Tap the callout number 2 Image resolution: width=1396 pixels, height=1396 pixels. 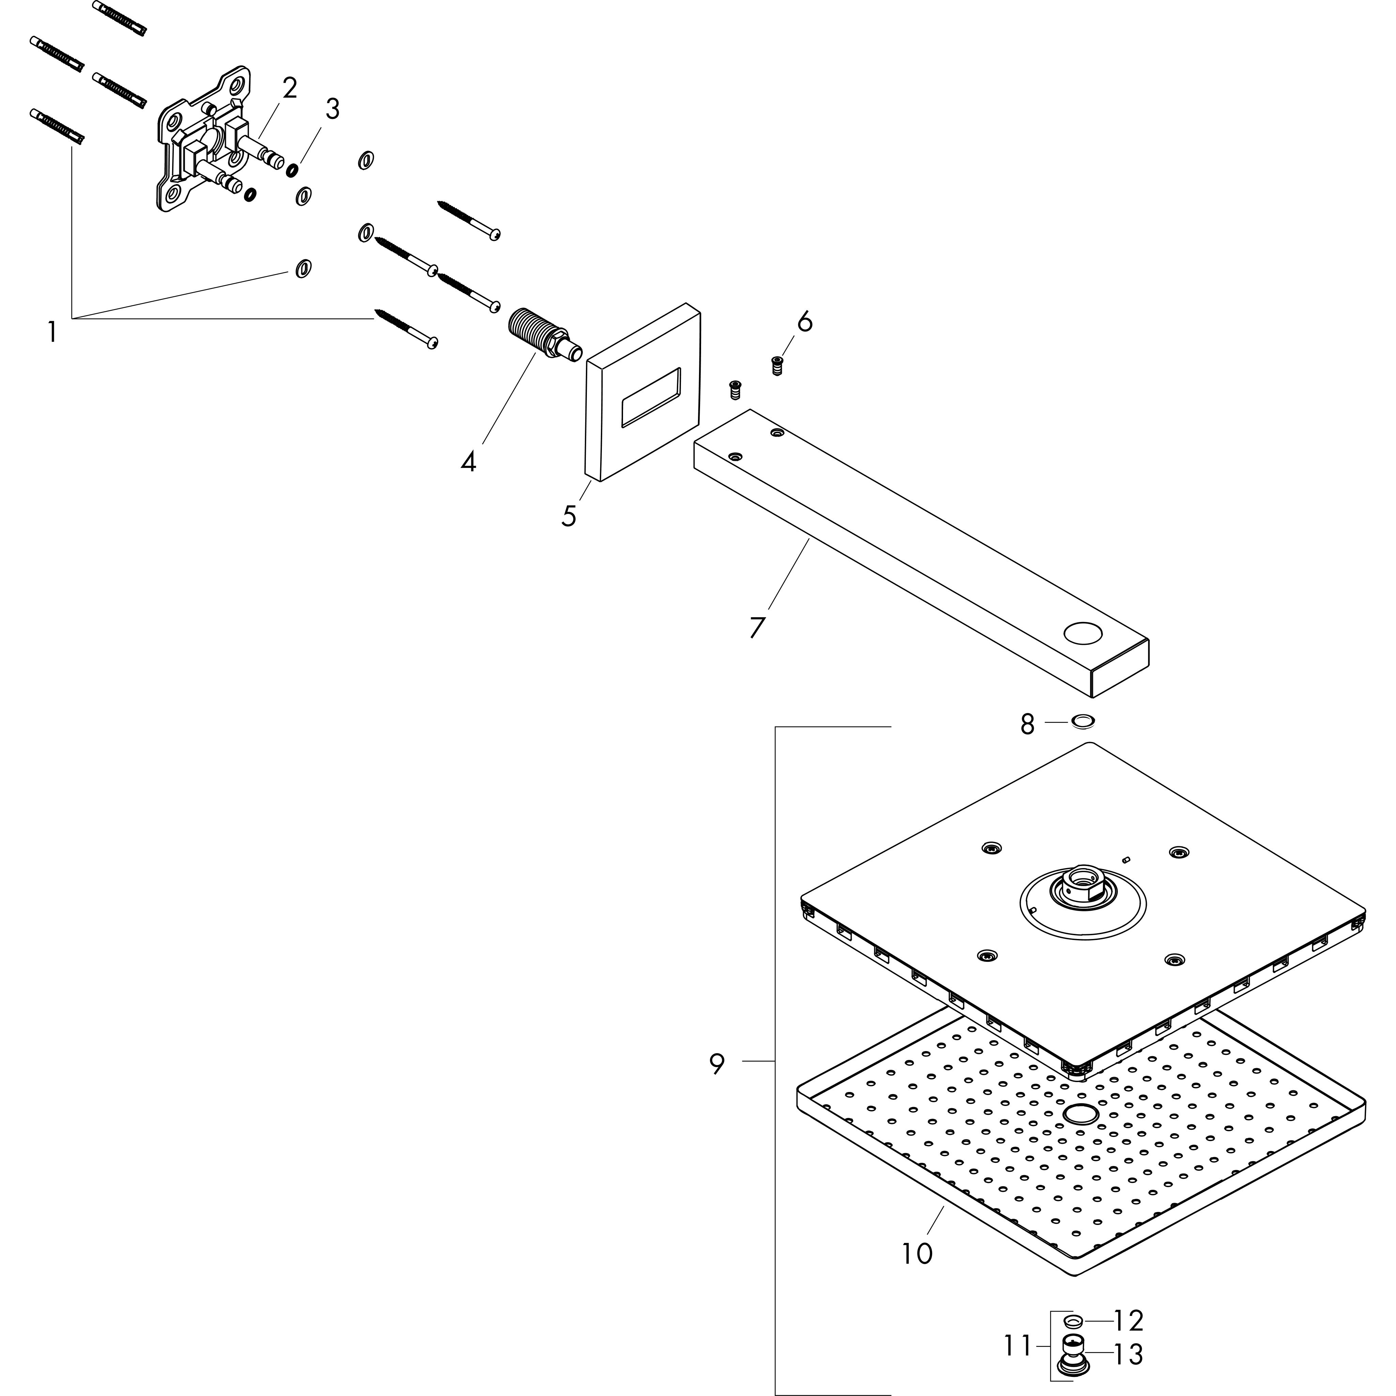[289, 88]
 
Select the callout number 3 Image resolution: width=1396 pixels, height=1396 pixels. [332, 109]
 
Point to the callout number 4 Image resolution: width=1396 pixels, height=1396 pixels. [468, 461]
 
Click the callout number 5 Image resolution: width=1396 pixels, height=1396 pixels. [570, 516]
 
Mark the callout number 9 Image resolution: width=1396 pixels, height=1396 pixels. [716, 1064]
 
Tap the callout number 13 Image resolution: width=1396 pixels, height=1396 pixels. [1128, 1354]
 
